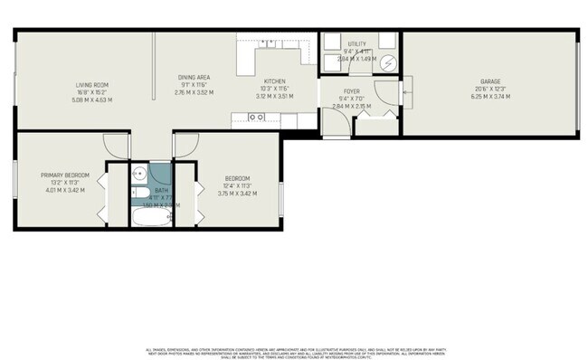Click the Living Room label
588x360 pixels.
(91, 84)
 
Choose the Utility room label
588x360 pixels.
(356, 43)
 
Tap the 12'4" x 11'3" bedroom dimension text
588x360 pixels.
(233, 185)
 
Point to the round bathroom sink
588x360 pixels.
(140, 175)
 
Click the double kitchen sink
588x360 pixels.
(257, 117)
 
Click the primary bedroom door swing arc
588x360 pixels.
(116, 145)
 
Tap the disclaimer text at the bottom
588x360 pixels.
(293, 353)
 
